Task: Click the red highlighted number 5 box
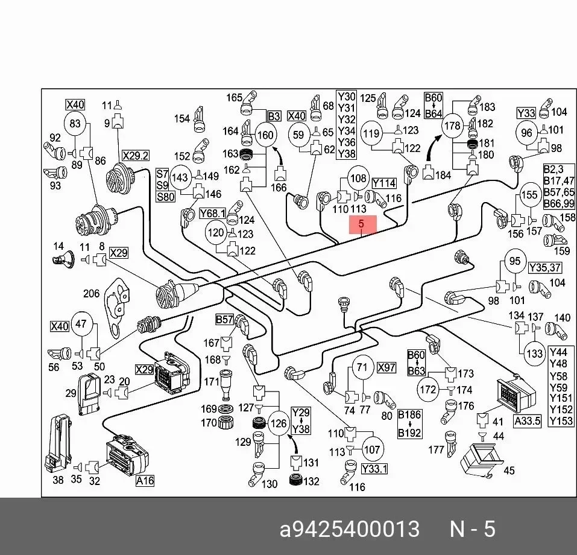pos(363,224)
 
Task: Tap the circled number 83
pos(75,124)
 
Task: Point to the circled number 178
pos(452,126)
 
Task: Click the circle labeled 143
pos(180,178)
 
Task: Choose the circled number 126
pos(279,423)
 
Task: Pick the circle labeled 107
pos(371,449)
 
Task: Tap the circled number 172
pos(428,389)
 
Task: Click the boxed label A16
pos(145,481)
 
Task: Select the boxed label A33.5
pos(528,421)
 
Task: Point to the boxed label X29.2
pos(136,156)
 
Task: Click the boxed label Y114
pos(384,183)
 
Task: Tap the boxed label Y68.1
pos(212,213)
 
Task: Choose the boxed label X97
pos(386,367)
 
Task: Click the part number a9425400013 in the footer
pos(349,529)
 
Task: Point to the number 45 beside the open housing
pos(509,471)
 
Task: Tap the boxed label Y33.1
pos(374,469)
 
